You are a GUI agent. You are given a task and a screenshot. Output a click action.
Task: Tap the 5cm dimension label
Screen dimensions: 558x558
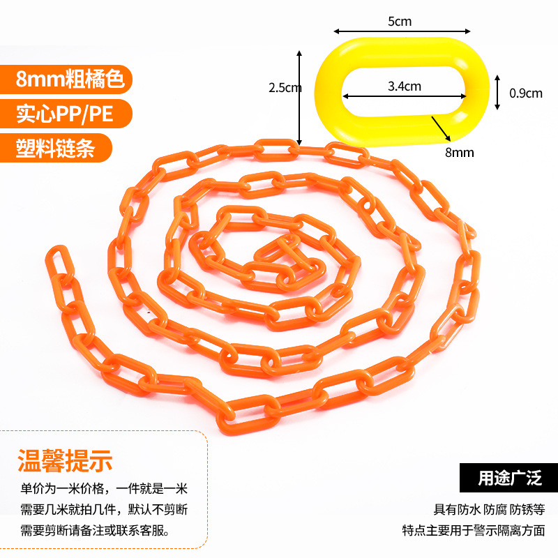click(x=400, y=21)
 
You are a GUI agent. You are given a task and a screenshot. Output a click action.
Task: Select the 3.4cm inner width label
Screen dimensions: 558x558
click(x=405, y=86)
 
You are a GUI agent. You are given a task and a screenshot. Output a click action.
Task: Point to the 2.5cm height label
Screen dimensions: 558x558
click(x=285, y=88)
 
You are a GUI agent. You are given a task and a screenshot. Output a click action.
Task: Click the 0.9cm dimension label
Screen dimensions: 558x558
click(x=525, y=93)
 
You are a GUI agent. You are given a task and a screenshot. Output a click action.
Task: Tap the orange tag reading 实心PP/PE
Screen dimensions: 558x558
click(x=65, y=114)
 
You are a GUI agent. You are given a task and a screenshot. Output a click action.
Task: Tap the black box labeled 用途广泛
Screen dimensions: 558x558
click(x=510, y=478)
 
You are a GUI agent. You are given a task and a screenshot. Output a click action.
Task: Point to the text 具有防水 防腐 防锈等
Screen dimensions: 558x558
click(x=489, y=509)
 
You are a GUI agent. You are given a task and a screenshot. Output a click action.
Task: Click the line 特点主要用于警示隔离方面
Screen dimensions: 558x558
click(x=474, y=530)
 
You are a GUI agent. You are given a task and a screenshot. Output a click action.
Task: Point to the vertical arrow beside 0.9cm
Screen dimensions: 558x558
click(x=497, y=93)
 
